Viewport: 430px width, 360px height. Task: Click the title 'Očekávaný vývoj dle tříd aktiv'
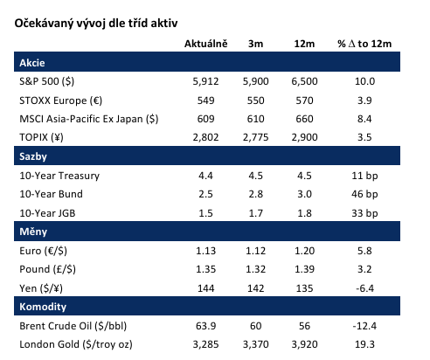tap(96, 24)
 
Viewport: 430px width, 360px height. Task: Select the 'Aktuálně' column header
tap(205, 44)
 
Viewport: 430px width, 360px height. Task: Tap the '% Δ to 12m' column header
tap(364, 44)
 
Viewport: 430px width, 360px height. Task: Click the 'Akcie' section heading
tap(32, 63)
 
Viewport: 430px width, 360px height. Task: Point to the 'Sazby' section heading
tap(33, 156)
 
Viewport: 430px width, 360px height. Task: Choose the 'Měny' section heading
tap(33, 232)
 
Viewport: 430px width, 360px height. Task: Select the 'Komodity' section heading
tap(43, 307)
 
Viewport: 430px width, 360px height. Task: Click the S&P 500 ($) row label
tap(47, 81)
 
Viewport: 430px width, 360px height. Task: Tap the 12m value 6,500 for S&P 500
tap(304, 81)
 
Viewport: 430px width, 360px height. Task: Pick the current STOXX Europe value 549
tap(205, 100)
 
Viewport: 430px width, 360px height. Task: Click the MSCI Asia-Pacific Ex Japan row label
tap(89, 119)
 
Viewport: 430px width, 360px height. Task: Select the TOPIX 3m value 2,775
tap(255, 137)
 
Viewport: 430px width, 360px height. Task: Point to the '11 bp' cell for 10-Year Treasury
tap(364, 176)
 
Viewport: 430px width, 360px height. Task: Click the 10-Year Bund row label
tap(51, 194)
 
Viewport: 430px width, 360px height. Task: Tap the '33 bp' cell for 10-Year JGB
tap(364, 213)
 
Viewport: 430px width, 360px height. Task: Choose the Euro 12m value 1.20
tap(304, 251)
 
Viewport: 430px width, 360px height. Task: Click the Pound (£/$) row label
tap(47, 269)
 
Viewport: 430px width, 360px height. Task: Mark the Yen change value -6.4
tap(364, 288)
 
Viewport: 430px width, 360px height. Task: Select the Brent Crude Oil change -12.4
tap(364, 326)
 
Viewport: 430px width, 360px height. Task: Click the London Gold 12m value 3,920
tap(304, 344)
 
